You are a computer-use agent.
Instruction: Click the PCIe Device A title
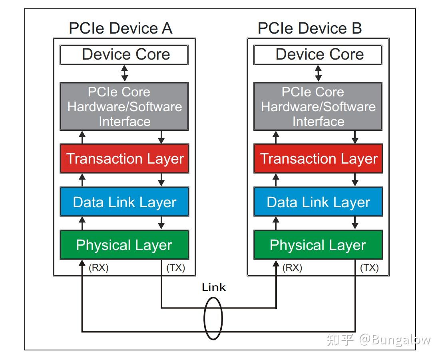pos(120,28)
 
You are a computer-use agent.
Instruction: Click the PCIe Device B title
pos(310,28)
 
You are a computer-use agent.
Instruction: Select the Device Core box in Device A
pos(124,55)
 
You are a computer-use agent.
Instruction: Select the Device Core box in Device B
pos(318,55)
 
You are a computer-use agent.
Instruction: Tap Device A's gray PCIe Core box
pos(124,106)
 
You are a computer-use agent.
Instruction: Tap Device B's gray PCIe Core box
pos(318,106)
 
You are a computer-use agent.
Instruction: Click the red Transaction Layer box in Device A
pos(124,158)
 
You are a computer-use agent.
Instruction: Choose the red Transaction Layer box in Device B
pos(318,158)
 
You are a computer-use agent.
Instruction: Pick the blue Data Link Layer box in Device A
pos(124,202)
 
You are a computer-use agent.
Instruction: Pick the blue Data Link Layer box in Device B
pos(318,202)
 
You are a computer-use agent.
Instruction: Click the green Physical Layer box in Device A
pos(124,245)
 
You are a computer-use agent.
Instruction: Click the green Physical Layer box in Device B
pos(318,245)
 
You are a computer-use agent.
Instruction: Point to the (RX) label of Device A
pos(99,268)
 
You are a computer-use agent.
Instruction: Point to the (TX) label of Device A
pos(175,268)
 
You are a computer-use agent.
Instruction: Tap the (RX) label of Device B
pos(292,268)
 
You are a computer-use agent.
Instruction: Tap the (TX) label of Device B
pos(370,268)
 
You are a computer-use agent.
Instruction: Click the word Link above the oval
pos(214,287)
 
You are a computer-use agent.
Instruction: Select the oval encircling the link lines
pos(204,318)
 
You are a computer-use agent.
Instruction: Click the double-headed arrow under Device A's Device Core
pos(124,73)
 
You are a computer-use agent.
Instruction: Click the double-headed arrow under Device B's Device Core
pos(318,73)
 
